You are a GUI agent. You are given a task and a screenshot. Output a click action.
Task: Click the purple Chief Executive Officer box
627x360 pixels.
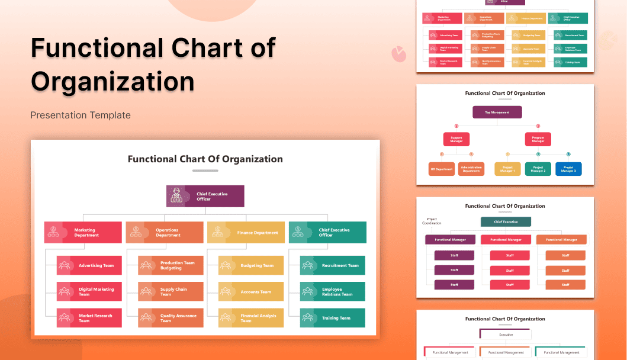[x=205, y=196]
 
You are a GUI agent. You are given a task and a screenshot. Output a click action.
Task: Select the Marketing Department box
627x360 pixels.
[x=83, y=232]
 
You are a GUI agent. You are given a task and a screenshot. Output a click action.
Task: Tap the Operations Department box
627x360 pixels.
[x=164, y=232]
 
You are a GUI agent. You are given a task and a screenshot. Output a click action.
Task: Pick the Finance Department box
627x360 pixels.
[x=246, y=232]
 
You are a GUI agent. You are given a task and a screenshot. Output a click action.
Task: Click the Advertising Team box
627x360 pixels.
[x=89, y=265]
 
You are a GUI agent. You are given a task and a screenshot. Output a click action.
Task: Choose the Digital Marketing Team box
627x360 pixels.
[x=89, y=291]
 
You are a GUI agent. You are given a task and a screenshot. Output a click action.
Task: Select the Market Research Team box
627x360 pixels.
[x=89, y=318]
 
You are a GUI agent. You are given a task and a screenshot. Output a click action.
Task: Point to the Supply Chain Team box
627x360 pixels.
[x=171, y=291]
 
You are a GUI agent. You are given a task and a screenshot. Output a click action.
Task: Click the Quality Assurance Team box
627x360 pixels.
[x=171, y=318]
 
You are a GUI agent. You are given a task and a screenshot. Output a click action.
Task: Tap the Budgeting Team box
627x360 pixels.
[x=251, y=265]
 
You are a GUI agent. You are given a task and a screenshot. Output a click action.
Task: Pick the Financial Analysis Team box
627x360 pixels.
[x=251, y=318]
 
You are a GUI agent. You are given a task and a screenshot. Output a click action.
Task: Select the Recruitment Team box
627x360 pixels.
[x=333, y=265]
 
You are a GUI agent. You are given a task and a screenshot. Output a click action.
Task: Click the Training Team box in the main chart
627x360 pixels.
[x=333, y=318]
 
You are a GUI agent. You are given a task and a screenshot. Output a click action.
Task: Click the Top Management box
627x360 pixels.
[x=497, y=112]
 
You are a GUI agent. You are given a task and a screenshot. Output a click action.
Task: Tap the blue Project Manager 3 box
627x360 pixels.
[x=568, y=169]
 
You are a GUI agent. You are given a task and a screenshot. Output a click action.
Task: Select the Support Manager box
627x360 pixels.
[x=456, y=139]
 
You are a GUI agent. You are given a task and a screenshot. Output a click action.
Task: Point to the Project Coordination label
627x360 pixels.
[x=432, y=221]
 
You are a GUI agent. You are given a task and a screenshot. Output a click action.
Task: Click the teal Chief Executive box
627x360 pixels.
[x=506, y=221]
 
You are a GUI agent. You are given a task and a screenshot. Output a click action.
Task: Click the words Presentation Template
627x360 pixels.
[x=81, y=115]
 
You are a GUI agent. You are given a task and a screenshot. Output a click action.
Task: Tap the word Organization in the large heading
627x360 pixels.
[x=112, y=81]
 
